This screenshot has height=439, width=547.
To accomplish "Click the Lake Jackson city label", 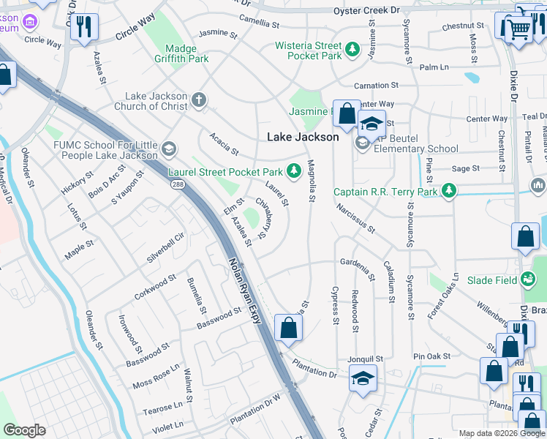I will (x=303, y=137).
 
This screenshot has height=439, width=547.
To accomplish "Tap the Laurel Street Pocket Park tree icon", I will (x=293, y=171).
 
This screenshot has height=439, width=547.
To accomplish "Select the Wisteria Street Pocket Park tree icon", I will (x=353, y=49).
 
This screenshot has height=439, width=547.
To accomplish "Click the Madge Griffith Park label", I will (x=182, y=53).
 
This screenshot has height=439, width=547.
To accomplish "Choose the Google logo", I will (x=24, y=430).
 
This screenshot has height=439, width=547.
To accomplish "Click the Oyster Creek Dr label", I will (x=366, y=10).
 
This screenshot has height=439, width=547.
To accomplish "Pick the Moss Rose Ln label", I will (x=156, y=378).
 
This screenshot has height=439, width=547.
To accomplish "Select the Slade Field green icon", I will (x=528, y=279).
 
